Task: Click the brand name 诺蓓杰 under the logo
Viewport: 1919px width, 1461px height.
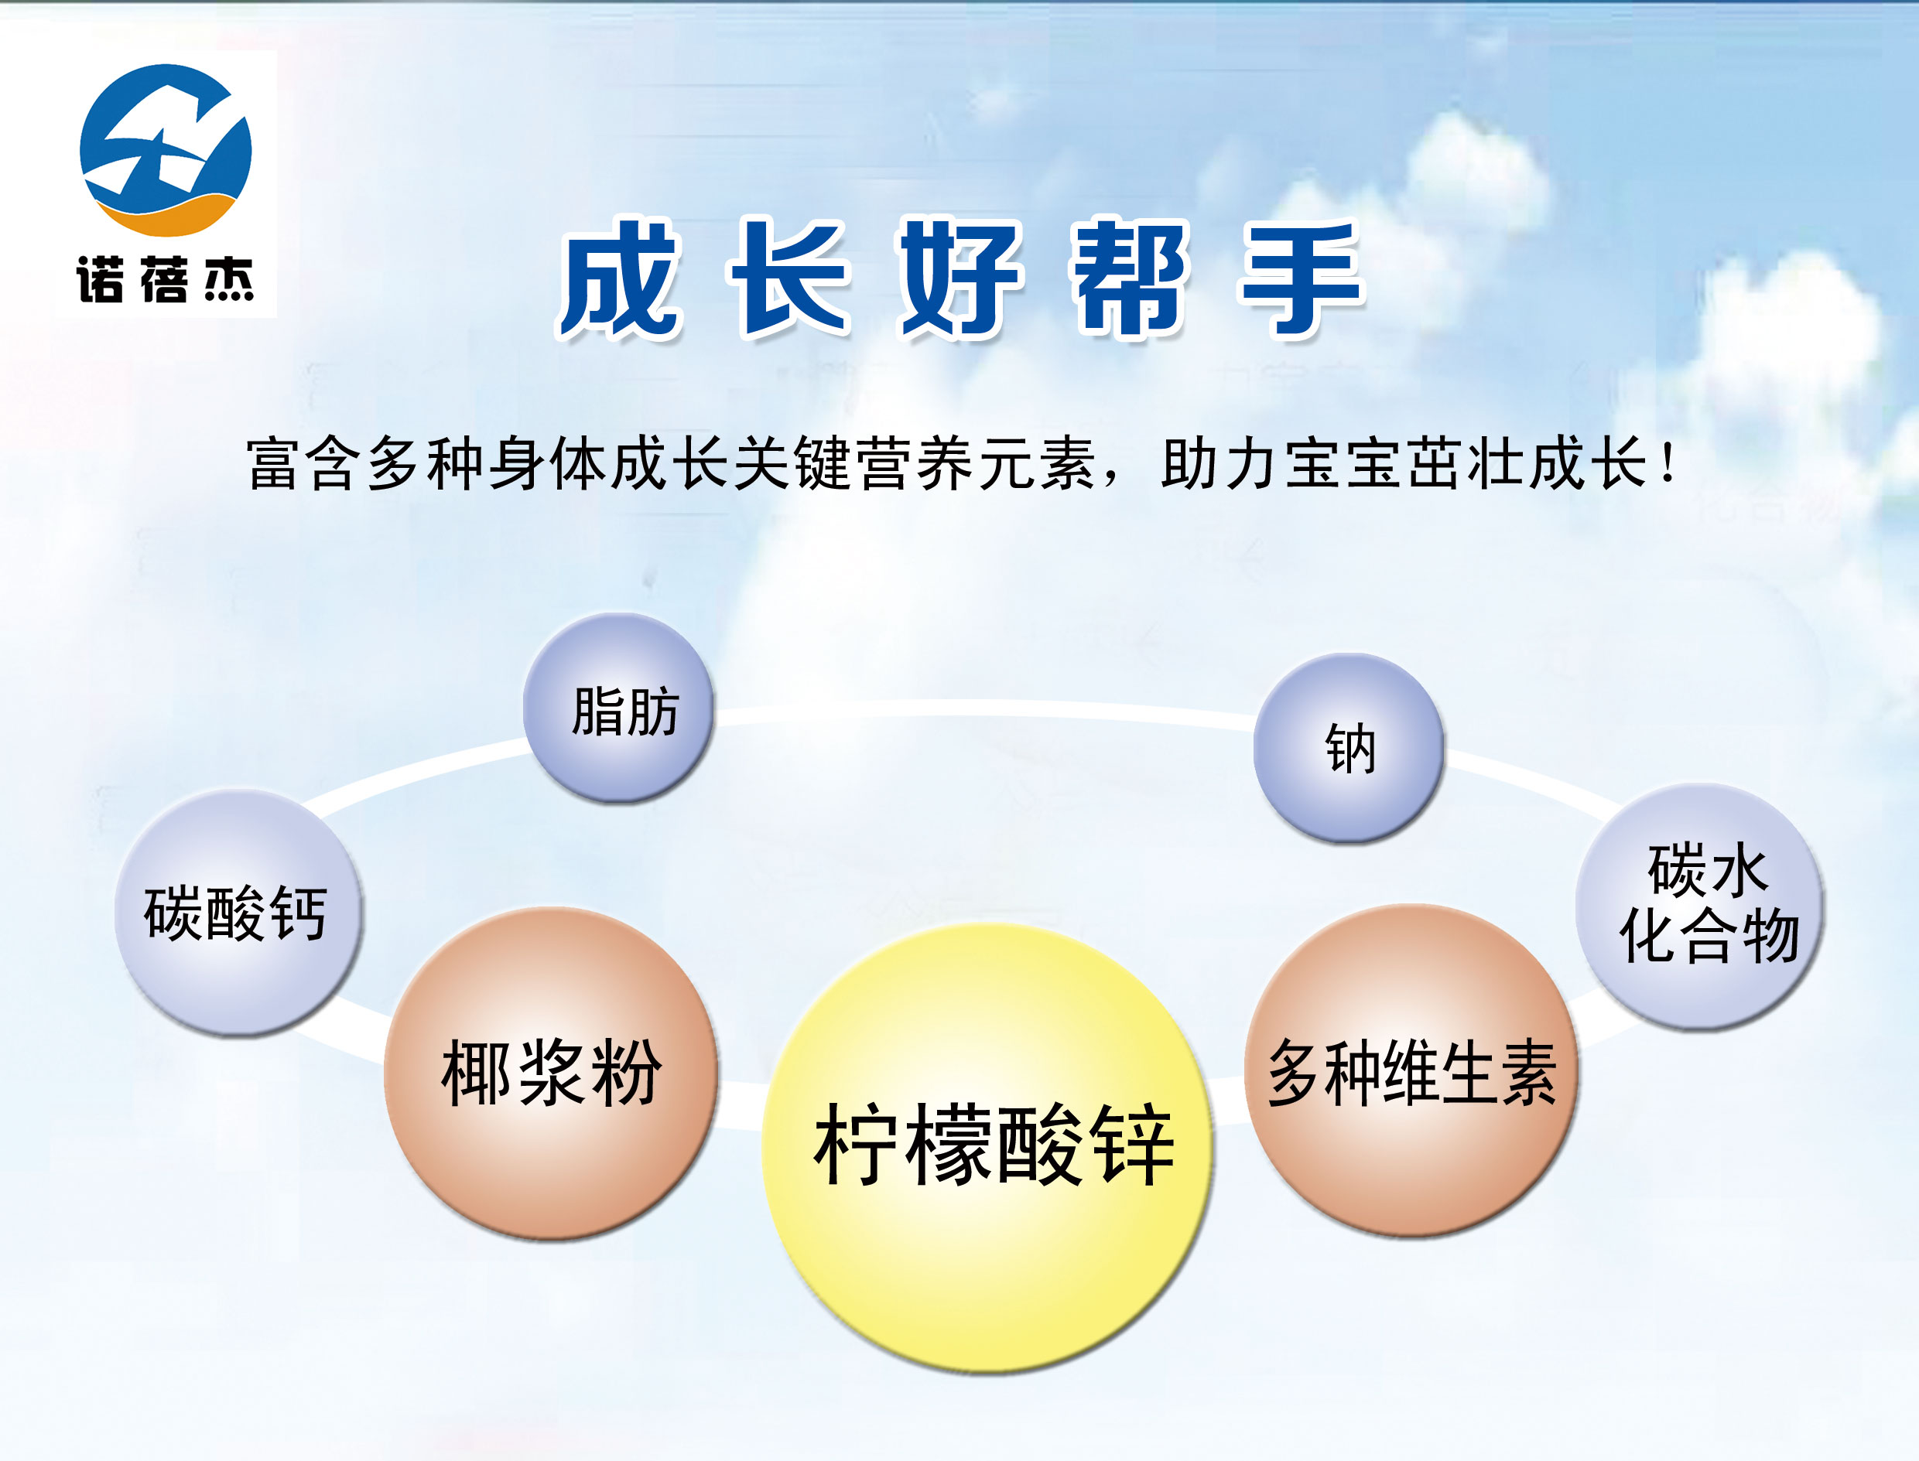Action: tap(166, 280)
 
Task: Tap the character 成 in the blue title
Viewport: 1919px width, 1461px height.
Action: tap(619, 278)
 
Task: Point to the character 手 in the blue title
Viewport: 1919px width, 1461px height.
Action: tap(1302, 278)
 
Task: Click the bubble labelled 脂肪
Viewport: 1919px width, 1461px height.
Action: tap(619, 708)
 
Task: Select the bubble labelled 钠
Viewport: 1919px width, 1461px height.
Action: tap(1349, 748)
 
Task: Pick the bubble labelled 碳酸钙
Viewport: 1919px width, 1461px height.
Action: tap(238, 913)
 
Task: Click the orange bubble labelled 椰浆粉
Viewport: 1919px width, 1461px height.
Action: tap(551, 1074)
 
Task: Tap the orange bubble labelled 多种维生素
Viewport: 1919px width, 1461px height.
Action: tap(1411, 1071)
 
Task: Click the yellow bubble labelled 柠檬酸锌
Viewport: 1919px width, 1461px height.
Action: tap(987, 1148)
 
